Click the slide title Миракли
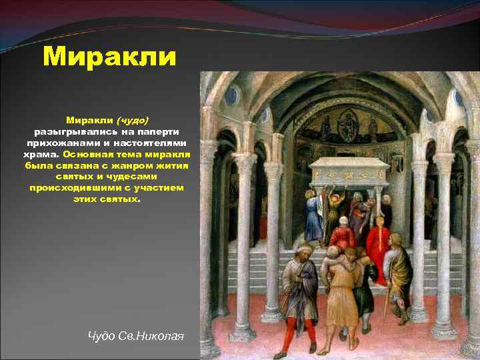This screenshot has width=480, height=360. [109, 57]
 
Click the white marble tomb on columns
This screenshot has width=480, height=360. [349, 171]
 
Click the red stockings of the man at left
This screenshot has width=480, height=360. [293, 333]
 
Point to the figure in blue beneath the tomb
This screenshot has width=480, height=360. [313, 217]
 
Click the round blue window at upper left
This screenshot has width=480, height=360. [231, 95]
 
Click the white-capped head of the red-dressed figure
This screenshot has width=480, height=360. [343, 221]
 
